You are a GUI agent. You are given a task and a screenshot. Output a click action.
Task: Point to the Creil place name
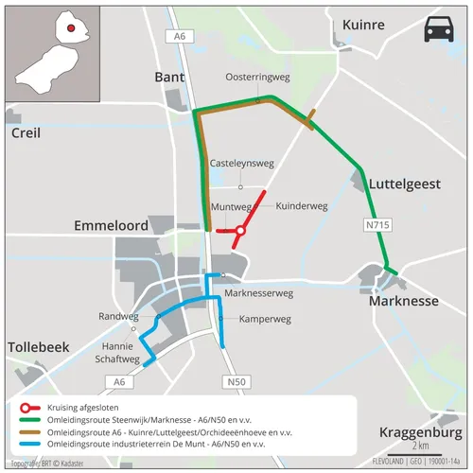26,133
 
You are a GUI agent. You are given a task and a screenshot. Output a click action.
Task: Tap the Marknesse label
403,302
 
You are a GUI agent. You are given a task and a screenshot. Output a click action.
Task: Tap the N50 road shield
236,381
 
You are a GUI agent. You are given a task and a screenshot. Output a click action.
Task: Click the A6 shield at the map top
177,35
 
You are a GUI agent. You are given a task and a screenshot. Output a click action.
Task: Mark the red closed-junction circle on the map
240,230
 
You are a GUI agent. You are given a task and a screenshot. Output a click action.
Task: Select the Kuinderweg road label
301,204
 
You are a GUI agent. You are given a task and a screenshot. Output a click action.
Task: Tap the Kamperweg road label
265,319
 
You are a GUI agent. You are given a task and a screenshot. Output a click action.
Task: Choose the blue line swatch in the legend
23,443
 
